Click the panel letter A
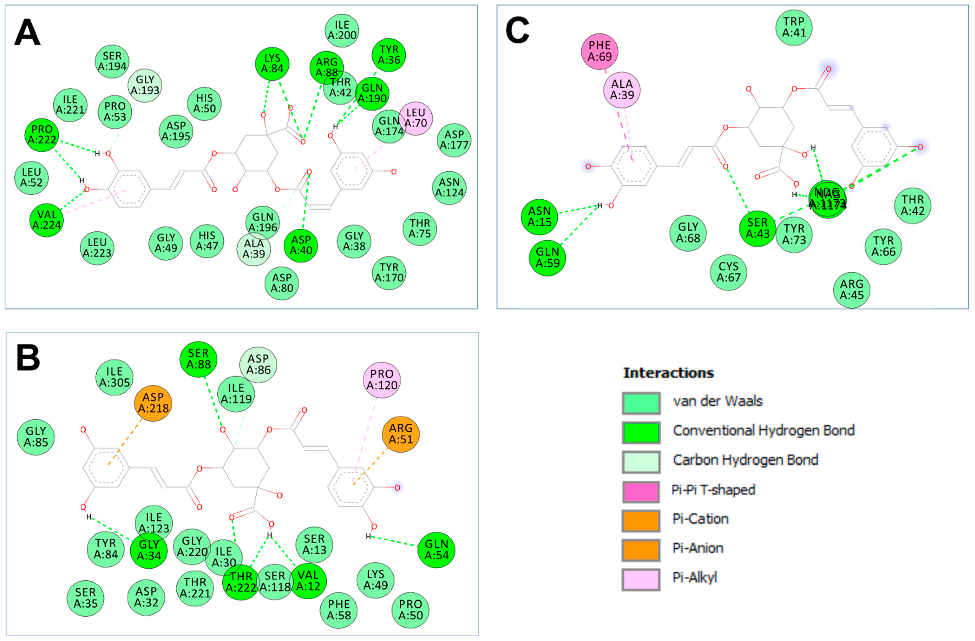coord(27,33)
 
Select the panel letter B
coord(28,358)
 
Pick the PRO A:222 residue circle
coord(42,135)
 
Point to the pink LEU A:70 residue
coord(416,118)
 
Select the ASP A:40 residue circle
coord(301,245)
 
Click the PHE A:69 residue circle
coord(600,51)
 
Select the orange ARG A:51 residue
coord(400,434)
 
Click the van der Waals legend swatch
coord(641,403)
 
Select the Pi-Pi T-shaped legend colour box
coord(641,491)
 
